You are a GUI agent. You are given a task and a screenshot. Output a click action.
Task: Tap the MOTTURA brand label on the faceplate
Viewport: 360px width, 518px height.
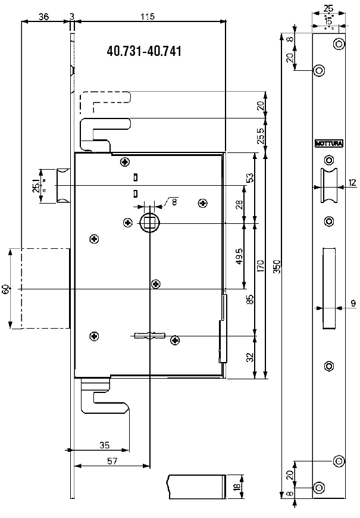pyautogui.click(x=325, y=143)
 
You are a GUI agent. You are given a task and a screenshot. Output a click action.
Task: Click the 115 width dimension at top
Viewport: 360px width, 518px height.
pyautogui.click(x=148, y=17)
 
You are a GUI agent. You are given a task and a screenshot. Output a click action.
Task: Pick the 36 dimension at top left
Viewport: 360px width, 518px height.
pyautogui.click(x=43, y=17)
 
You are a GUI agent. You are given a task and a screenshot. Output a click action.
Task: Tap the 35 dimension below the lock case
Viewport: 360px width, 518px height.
pyautogui.click(x=104, y=444)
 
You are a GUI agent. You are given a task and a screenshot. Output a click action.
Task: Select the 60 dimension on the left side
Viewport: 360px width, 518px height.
pyautogui.click(x=6, y=289)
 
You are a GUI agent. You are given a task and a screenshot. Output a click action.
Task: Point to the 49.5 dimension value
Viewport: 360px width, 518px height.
pyautogui.click(x=239, y=256)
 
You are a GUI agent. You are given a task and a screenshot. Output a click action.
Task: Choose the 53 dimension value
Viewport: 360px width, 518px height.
pyautogui.click(x=250, y=177)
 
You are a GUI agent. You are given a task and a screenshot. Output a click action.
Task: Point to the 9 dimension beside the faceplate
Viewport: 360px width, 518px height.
pyautogui.click(x=353, y=304)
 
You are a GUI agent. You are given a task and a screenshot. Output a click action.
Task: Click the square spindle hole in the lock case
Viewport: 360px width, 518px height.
pyautogui.click(x=148, y=223)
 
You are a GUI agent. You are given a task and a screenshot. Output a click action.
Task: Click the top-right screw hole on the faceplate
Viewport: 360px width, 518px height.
pyautogui.click(x=339, y=43)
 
